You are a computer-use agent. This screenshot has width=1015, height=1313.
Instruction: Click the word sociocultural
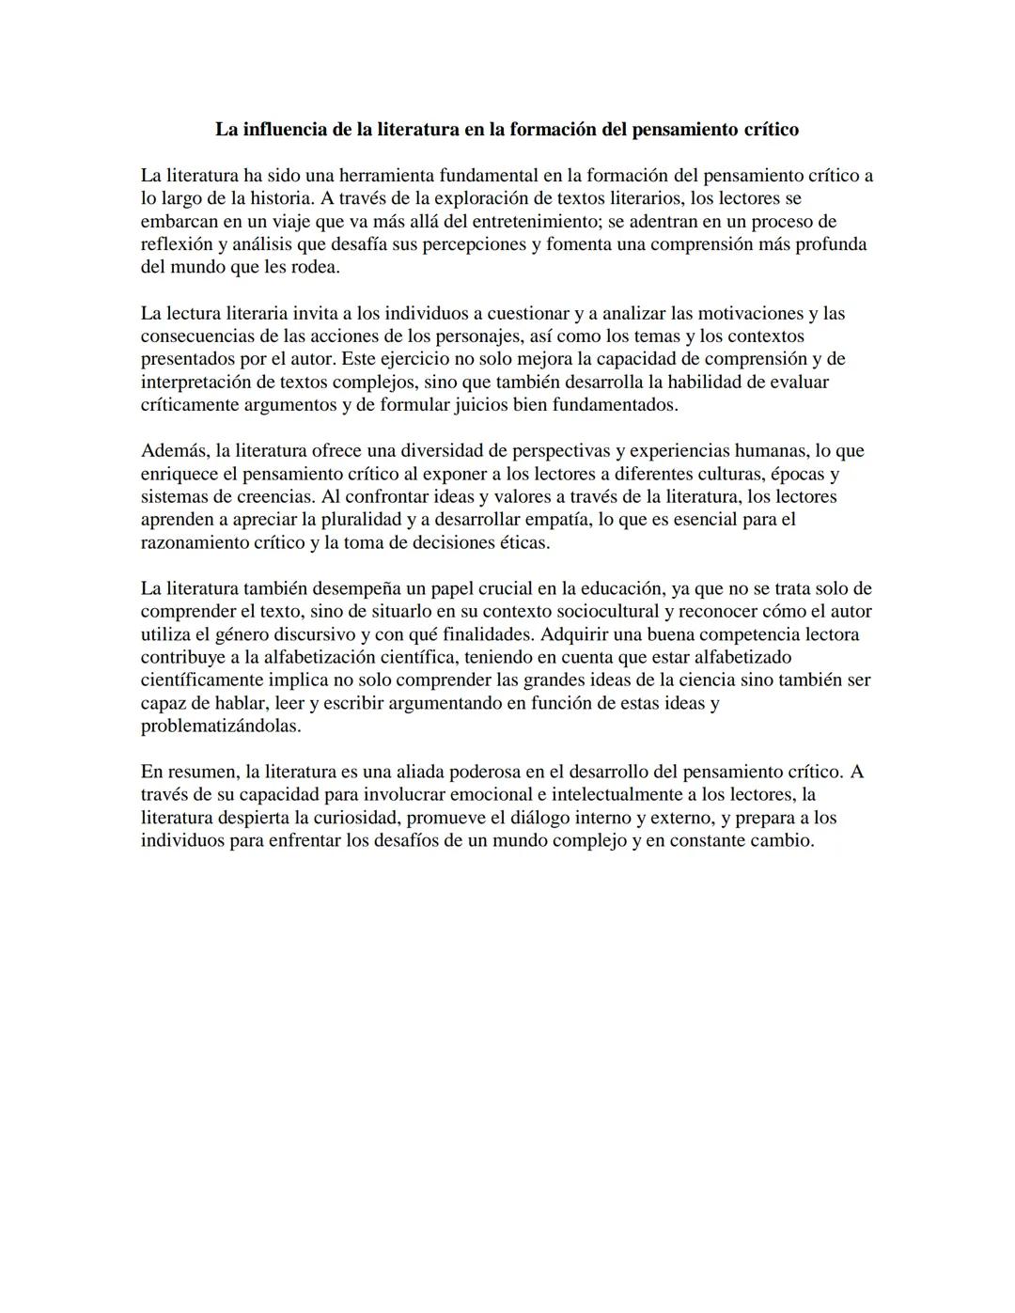point(577,612)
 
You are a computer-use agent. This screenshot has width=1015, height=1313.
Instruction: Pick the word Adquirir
point(575,634)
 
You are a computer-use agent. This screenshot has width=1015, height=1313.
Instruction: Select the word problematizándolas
point(220,727)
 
